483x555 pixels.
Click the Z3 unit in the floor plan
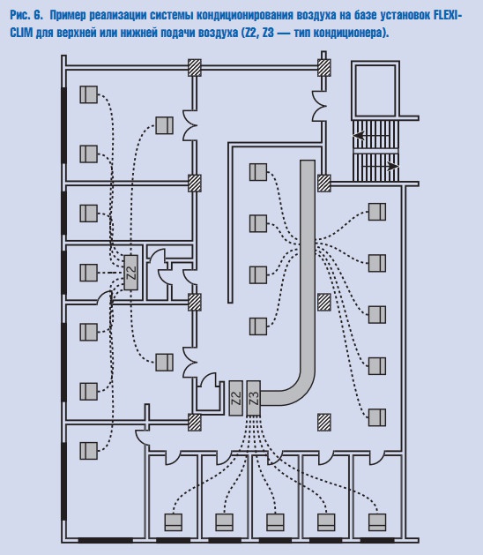pos(254,398)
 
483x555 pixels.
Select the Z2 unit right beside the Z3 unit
pos(236,398)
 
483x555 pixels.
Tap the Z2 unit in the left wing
pos(130,273)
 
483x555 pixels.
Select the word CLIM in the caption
pos(21,33)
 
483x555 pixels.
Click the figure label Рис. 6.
pos(26,15)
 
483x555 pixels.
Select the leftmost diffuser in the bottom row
pos(174,522)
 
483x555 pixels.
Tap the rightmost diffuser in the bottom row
pos(377,522)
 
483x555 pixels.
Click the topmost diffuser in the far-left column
pos(88,94)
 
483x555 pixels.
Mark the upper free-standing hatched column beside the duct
pos(323,303)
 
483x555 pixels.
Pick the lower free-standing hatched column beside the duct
pos(323,423)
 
